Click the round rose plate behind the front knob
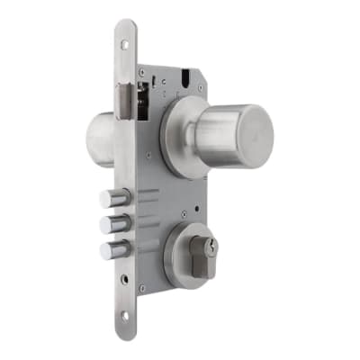point(180,135)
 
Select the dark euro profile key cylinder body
point(208,261)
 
